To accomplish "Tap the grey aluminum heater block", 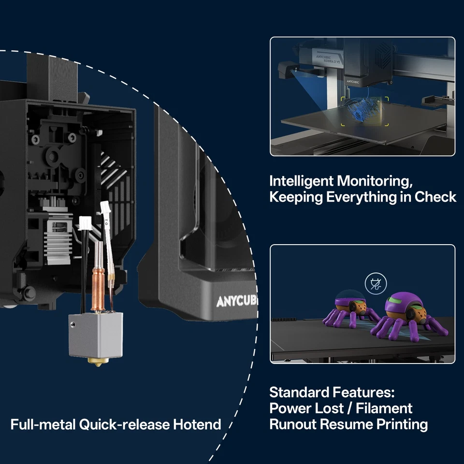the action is click(96, 335).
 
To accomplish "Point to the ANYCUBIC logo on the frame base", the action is click(237, 302).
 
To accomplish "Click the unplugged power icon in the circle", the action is click(376, 284).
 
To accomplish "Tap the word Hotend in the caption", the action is click(197, 424).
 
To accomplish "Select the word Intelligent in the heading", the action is click(301, 181).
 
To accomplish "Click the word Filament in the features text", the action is click(384, 408).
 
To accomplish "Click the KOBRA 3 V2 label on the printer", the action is click(332, 61).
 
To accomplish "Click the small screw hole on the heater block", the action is click(73, 325).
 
